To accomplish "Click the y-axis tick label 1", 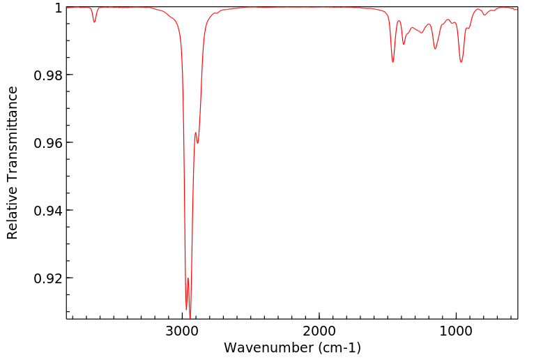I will pyautogui.click(x=59, y=8).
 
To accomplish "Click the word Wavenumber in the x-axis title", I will pyautogui.click(x=262, y=347).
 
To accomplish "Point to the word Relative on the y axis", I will pyautogui.click(x=13, y=212).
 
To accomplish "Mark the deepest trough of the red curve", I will pyautogui.click(x=190, y=317).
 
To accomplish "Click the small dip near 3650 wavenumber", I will pyautogui.click(x=95, y=22).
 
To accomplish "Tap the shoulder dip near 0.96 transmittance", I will pyautogui.click(x=198, y=143).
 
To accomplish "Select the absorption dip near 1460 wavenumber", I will pyautogui.click(x=393, y=62).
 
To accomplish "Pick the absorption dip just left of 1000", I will pyautogui.click(x=461, y=62).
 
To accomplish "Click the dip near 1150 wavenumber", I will pyautogui.click(x=435, y=48).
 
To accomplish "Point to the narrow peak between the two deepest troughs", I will pyautogui.click(x=188, y=278).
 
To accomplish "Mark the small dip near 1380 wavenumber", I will pyautogui.click(x=404, y=44).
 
